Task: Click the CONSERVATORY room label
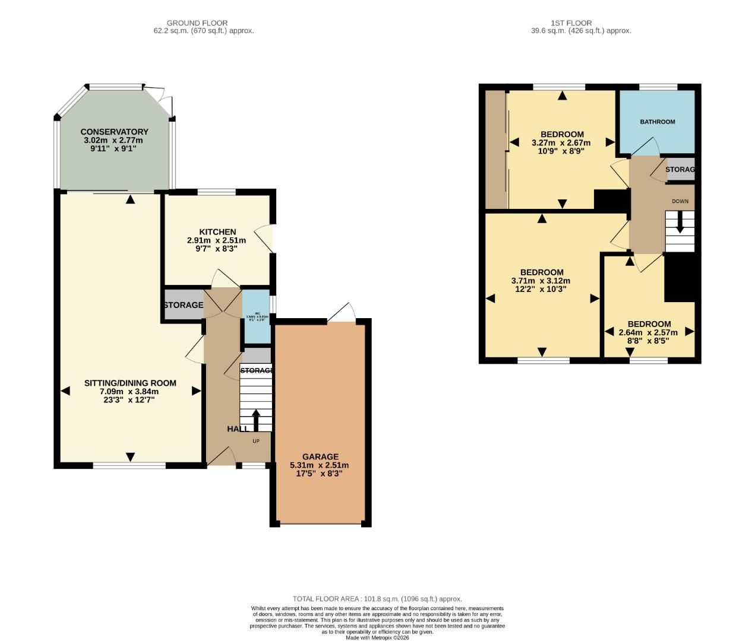[x=114, y=132]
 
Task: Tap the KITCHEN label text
[x=217, y=231]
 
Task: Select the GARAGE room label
[x=319, y=457]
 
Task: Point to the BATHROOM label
[x=657, y=122]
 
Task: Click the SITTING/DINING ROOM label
[x=130, y=383]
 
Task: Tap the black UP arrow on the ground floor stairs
[x=256, y=420]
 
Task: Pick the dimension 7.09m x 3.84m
[x=129, y=392]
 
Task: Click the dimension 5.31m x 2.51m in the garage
[x=319, y=465]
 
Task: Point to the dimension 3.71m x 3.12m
[x=541, y=281]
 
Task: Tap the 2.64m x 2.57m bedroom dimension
[x=648, y=332]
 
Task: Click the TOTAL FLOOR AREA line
[x=377, y=599]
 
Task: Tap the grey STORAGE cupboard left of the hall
[x=183, y=305]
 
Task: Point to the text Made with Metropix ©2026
[x=377, y=637]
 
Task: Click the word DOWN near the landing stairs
[x=680, y=201]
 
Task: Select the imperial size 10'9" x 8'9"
[x=561, y=151]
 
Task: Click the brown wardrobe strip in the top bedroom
[x=496, y=150]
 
